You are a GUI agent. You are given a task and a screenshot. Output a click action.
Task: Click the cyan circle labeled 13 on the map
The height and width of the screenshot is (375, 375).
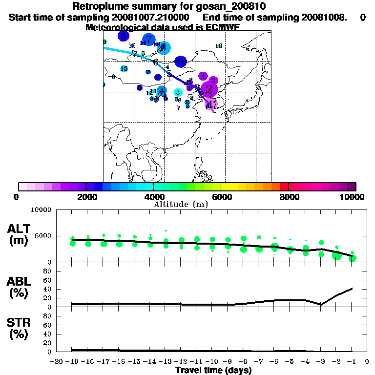pos(124,69)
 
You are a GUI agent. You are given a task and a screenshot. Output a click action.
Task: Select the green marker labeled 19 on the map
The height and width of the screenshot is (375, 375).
pos(219,46)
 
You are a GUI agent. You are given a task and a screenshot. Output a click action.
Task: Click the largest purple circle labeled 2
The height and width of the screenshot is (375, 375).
pos(209,89)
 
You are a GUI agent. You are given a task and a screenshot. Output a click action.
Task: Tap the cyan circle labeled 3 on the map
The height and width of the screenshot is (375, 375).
pos(178,92)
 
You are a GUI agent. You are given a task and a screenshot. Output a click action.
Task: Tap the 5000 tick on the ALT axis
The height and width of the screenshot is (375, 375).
pos(43,236)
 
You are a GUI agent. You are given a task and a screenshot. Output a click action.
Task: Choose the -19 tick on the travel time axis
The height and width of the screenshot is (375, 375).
pos(72,362)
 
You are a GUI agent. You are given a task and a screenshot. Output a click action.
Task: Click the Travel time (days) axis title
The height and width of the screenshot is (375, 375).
pos(213,371)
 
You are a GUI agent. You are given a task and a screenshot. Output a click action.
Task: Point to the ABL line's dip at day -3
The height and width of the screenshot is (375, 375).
pos(321,305)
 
